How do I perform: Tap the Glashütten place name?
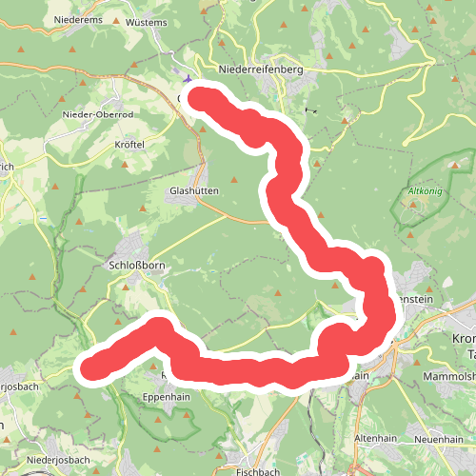(193, 190)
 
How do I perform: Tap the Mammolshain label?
(442, 374)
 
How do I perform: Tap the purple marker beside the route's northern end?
(188, 82)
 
